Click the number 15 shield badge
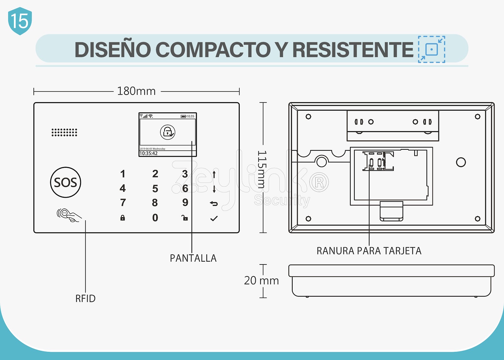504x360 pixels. click(x=20, y=21)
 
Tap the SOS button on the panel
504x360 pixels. click(x=66, y=183)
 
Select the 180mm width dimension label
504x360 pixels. click(x=136, y=91)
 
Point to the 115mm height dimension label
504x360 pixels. click(x=262, y=169)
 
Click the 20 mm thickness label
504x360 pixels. click(x=261, y=281)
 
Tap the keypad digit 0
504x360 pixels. click(x=155, y=218)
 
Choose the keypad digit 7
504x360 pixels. click(x=123, y=203)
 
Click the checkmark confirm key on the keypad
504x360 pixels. click(x=214, y=218)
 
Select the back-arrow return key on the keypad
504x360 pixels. click(x=214, y=204)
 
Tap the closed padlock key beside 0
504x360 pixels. click(x=123, y=218)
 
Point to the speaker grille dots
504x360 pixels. click(x=64, y=132)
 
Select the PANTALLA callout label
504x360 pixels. click(x=193, y=258)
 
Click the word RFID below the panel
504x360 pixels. click(x=85, y=299)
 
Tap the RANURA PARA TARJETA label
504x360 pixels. click(x=369, y=251)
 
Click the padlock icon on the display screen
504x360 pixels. click(x=168, y=132)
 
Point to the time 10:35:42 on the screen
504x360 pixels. click(x=149, y=154)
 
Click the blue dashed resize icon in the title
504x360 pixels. click(x=432, y=49)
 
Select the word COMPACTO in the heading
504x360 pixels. click(x=213, y=50)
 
